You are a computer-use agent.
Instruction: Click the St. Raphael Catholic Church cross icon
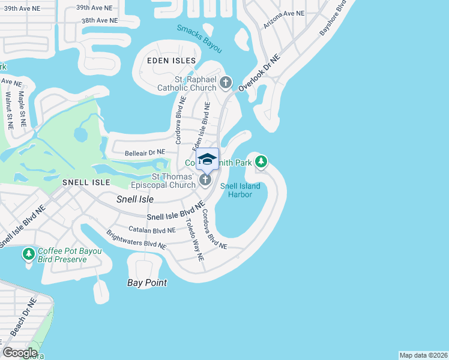[x=226, y=82]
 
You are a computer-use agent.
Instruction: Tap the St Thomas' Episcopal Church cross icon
[x=205, y=180]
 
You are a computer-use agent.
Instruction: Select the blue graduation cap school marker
[x=207, y=160]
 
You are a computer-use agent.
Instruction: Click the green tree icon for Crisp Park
[x=261, y=161]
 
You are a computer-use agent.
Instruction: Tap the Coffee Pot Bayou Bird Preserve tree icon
[x=28, y=254]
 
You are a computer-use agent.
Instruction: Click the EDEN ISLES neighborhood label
[x=172, y=61]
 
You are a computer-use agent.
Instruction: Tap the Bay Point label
[x=147, y=283]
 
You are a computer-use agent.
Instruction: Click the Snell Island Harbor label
[x=240, y=190]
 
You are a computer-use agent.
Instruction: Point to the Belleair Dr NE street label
[x=140, y=154]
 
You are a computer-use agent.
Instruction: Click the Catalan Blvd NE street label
[x=152, y=230]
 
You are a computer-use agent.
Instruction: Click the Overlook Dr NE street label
[x=259, y=73]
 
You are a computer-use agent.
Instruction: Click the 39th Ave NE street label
[x=94, y=8]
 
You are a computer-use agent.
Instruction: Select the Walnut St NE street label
[x=8, y=110]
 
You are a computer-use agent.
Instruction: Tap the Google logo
[x=20, y=353]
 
